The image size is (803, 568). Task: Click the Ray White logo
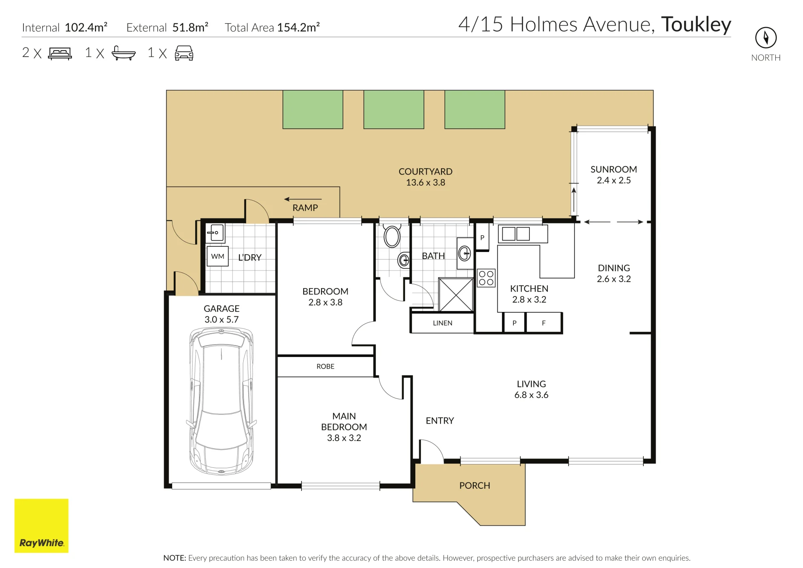click(x=41, y=525)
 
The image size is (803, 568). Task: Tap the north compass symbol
click(x=766, y=37)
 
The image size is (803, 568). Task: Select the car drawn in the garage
click(x=222, y=401)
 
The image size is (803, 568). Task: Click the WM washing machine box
click(x=218, y=256)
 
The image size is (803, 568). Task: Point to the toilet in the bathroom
click(x=392, y=236)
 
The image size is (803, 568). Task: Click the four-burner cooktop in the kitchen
click(x=486, y=278)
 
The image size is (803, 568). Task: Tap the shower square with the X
click(x=456, y=295)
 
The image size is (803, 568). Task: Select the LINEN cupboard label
click(x=443, y=323)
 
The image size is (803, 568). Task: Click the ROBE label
click(x=325, y=366)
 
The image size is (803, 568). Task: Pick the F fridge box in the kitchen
click(x=544, y=323)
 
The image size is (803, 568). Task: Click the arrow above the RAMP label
click(x=303, y=199)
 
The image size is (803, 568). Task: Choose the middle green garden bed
click(x=394, y=109)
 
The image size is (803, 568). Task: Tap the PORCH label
click(x=475, y=485)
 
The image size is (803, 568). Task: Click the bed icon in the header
click(x=60, y=53)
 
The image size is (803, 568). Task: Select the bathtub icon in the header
click(x=124, y=53)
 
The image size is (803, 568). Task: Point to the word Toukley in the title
click(x=696, y=25)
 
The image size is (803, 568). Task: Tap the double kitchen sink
click(x=516, y=234)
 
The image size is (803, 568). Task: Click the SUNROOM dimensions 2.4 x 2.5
click(x=614, y=180)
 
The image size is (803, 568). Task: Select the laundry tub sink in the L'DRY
click(x=216, y=233)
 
